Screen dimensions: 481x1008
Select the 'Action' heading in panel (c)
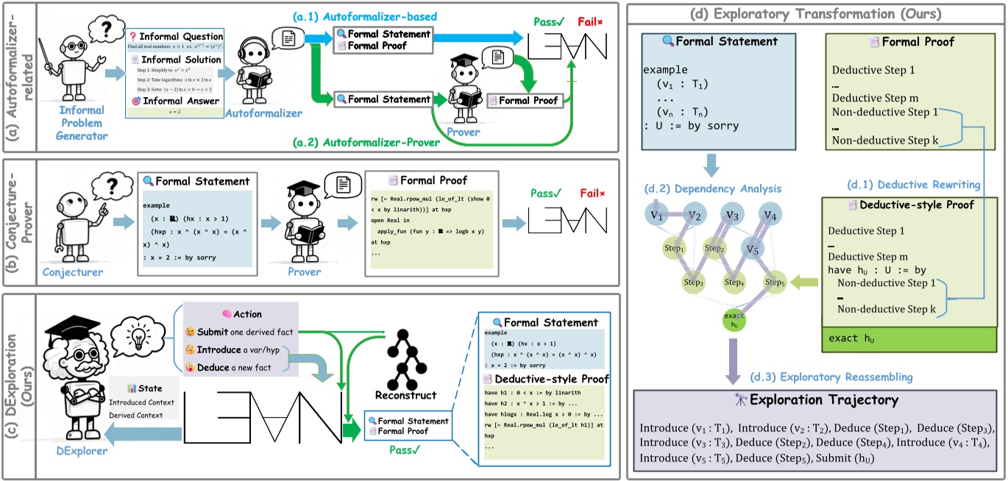click(x=244, y=314)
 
